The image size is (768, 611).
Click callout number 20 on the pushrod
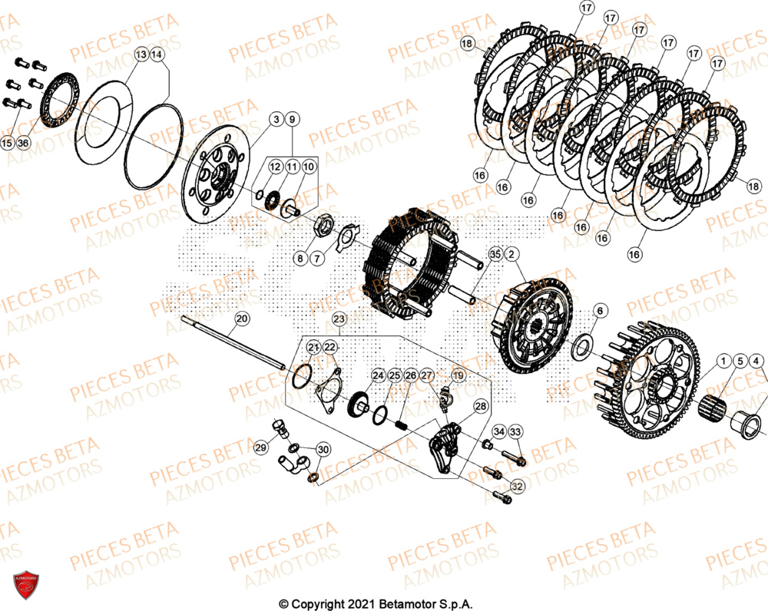(242, 318)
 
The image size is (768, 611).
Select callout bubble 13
(141, 54)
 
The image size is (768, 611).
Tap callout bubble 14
(157, 54)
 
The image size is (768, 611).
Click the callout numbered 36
(24, 143)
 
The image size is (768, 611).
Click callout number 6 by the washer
(601, 310)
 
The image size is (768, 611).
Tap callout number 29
(260, 448)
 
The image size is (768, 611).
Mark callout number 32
(516, 486)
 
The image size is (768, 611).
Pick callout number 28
(479, 407)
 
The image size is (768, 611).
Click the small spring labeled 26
(400, 422)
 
